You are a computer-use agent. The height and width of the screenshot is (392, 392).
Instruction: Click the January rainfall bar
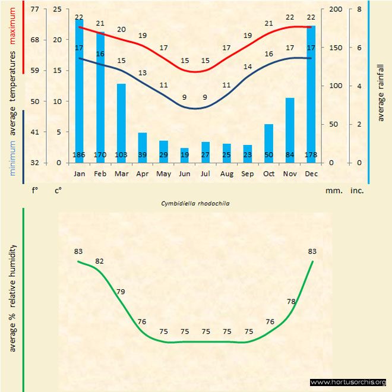pos(79,89)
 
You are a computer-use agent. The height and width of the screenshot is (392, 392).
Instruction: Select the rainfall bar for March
pos(121,119)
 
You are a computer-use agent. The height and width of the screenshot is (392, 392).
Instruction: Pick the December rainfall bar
pos(311,89)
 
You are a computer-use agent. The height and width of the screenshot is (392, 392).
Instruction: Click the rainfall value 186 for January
pos(79,156)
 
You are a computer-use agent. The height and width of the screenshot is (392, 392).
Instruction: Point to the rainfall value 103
pos(121,156)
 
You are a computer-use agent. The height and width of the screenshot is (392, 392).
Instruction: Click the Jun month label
pos(184,173)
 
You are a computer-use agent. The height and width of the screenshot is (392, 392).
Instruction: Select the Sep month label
pos(248,173)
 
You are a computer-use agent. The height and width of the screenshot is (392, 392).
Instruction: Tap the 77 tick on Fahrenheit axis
pos(35,10)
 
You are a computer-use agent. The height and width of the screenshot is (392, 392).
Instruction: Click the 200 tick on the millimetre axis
pos(336,10)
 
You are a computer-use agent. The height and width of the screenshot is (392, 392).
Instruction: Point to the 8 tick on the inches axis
pos(359,10)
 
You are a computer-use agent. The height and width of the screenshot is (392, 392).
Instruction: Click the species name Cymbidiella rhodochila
pos(195,203)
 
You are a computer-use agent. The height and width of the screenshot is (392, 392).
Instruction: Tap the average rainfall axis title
pos(381,91)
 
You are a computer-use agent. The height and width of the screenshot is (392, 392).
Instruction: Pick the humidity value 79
pos(121,292)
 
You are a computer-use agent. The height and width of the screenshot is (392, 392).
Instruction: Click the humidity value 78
pos(291,302)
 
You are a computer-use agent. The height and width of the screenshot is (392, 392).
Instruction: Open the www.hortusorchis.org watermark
pos(348,382)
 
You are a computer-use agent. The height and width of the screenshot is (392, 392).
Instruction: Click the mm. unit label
pos(332,191)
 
